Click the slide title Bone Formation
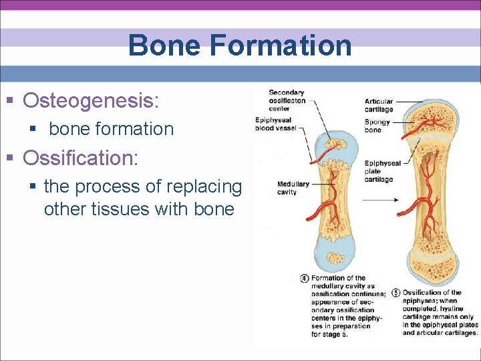[x=240, y=45]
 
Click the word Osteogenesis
[x=90, y=101]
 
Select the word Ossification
[x=79, y=158]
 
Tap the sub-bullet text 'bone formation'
[x=111, y=129]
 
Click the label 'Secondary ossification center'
[x=287, y=100]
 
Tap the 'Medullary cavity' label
[x=293, y=188]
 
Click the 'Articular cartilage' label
[x=379, y=105]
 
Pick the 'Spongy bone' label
[x=377, y=126]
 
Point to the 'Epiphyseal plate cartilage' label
[x=382, y=171]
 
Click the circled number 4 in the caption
[x=305, y=278]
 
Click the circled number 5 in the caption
[x=396, y=293]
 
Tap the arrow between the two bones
[x=380, y=199]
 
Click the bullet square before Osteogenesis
[x=10, y=102]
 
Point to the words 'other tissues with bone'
[x=139, y=209]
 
